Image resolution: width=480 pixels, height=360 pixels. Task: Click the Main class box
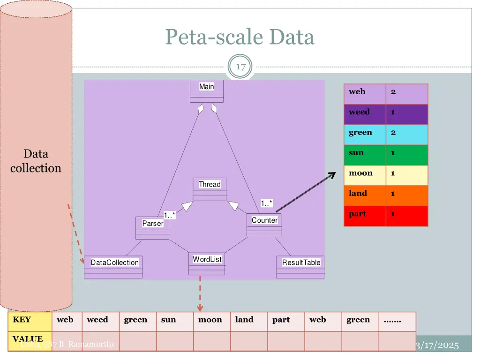click(207, 90)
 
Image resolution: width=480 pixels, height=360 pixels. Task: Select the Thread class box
click(210, 188)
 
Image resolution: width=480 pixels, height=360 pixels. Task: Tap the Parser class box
click(152, 228)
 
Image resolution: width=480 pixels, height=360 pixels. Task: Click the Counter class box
click(264, 225)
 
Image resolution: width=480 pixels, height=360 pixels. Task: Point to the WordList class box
click(207, 264)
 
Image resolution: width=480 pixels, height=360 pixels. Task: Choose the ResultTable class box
click(300, 267)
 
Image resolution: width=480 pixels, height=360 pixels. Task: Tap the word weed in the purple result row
click(360, 112)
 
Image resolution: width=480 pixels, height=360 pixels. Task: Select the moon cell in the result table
click(361, 173)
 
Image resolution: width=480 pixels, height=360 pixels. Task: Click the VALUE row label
click(28, 339)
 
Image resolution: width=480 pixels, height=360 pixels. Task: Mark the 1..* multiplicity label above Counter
click(266, 203)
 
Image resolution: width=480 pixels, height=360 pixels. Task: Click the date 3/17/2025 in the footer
click(437, 345)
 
